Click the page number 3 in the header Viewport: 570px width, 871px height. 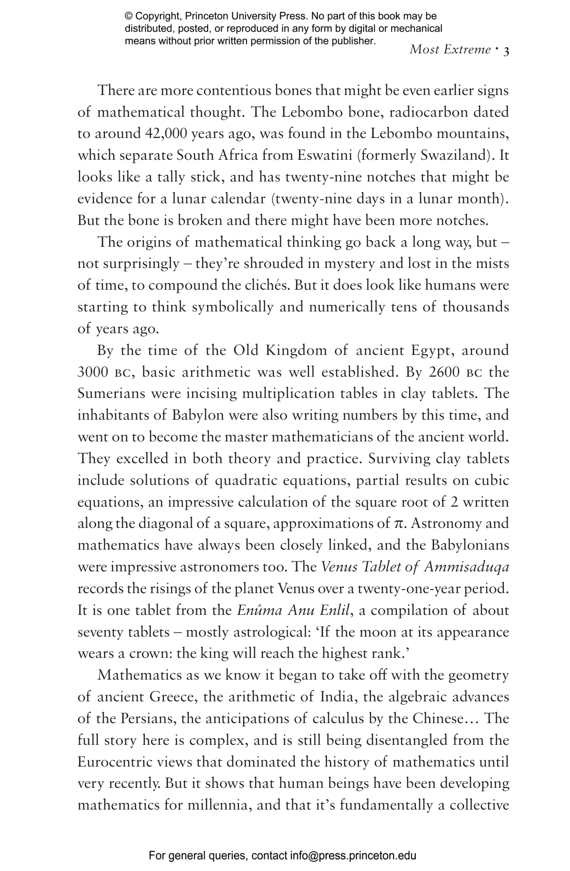506,51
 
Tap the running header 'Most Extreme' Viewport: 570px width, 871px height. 450,49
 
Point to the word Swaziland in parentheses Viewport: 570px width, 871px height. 464,155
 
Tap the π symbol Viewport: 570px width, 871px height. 399,524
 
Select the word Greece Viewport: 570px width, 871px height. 173,697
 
